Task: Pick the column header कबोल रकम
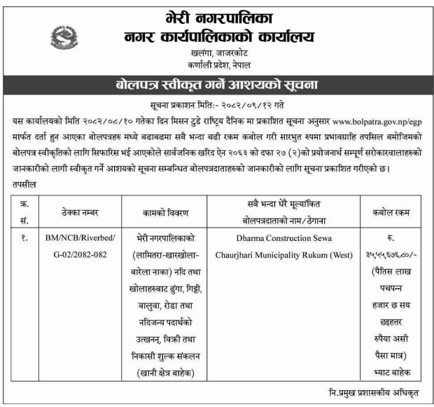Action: pyautogui.click(x=391, y=210)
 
